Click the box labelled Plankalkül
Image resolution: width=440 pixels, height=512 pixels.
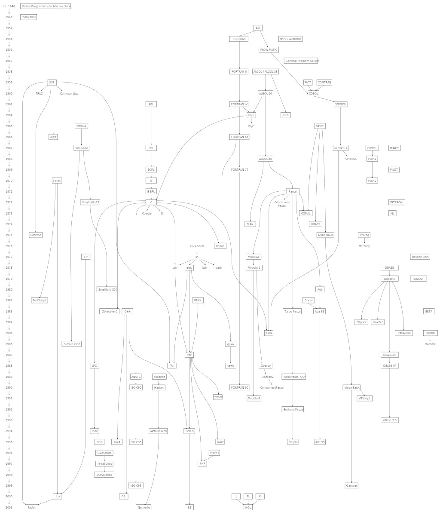(29, 17)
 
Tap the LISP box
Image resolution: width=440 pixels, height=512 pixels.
(52, 83)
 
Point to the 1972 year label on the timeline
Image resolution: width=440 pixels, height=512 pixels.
(9, 202)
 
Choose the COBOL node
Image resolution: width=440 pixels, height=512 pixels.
(314, 93)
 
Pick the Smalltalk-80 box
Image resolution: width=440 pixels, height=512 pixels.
(107, 290)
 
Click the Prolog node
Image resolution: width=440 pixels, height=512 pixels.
(364, 235)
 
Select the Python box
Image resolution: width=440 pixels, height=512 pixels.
(218, 397)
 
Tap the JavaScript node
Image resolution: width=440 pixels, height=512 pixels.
(104, 464)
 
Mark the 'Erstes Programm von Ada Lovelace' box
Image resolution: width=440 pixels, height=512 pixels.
(46, 6)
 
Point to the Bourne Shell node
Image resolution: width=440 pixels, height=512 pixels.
(420, 257)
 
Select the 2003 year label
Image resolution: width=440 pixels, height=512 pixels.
(9, 508)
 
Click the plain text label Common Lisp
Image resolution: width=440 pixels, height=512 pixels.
(69, 94)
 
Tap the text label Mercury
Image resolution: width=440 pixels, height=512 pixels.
(364, 246)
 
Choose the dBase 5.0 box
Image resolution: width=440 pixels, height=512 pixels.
(390, 420)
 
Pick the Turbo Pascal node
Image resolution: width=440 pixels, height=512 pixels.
(292, 311)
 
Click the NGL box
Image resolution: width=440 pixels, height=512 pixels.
(248, 508)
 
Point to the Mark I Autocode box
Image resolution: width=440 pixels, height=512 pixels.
(291, 39)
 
